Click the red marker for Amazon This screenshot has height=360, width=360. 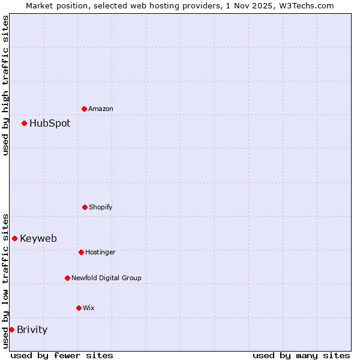point(84,109)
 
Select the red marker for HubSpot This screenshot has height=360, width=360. point(24,123)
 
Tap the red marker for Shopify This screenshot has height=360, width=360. point(85,207)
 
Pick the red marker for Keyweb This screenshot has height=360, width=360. point(14,238)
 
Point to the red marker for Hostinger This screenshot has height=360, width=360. point(81,252)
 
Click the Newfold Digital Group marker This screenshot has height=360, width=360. point(67,278)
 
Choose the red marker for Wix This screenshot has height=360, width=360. point(79,308)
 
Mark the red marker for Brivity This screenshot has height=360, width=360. point(11,329)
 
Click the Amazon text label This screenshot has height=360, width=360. point(101,109)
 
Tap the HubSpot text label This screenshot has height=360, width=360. point(50,123)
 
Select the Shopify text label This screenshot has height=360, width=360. point(101,207)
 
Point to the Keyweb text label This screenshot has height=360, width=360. point(38,238)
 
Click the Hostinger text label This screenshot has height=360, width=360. point(100,252)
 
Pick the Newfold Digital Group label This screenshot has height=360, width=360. point(106,278)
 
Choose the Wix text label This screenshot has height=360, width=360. point(89,308)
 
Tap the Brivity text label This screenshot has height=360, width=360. point(32,329)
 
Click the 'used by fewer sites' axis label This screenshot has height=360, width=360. point(62,355)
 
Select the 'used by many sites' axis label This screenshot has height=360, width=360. point(301,355)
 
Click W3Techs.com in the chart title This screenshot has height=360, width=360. point(305,5)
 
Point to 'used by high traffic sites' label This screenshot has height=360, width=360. point(5,85)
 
